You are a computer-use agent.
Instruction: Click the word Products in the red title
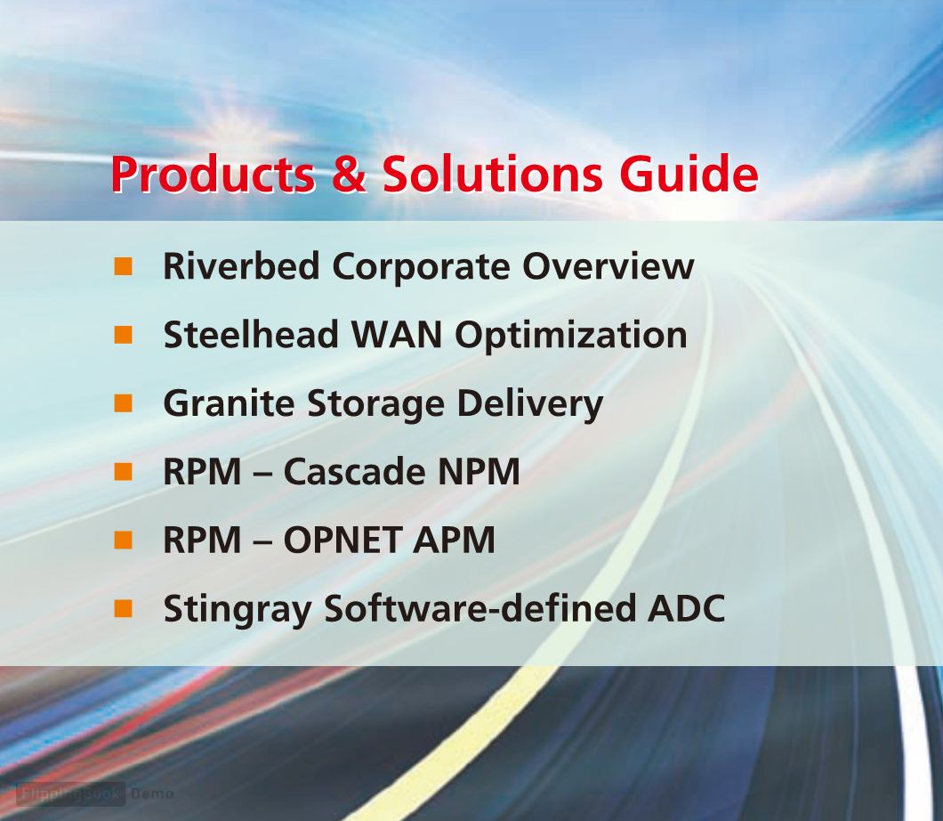(213, 174)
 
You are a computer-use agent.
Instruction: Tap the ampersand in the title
(349, 174)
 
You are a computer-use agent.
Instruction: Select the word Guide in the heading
(689, 174)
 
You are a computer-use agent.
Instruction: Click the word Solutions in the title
(493, 174)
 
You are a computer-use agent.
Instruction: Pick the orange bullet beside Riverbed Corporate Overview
(124, 266)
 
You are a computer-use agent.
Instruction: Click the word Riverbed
(241, 266)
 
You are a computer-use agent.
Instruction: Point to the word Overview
(608, 266)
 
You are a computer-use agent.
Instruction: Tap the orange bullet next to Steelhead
(124, 335)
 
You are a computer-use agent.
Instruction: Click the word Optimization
(571, 336)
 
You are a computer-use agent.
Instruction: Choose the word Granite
(230, 403)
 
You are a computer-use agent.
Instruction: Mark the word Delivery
(530, 404)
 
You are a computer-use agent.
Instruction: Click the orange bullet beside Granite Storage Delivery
(124, 403)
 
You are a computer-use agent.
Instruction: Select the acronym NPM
(479, 471)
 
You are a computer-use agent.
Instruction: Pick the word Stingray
(238, 609)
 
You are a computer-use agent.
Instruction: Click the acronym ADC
(686, 608)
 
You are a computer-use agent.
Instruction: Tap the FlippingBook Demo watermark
(96, 794)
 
